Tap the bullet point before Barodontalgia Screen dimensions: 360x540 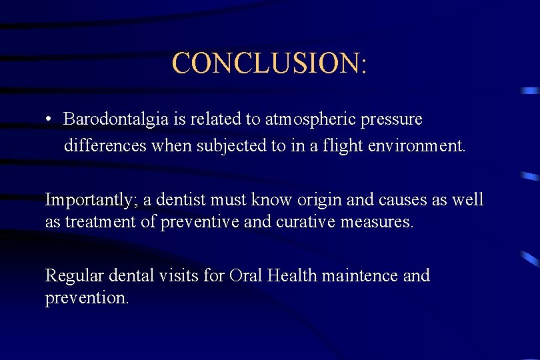click(x=49, y=120)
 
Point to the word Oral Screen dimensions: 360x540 click(x=246, y=275)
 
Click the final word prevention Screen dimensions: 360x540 click(x=87, y=298)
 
